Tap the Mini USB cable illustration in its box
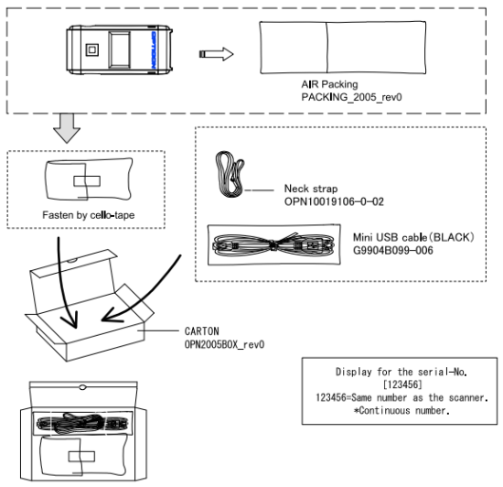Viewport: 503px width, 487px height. click(x=267, y=245)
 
